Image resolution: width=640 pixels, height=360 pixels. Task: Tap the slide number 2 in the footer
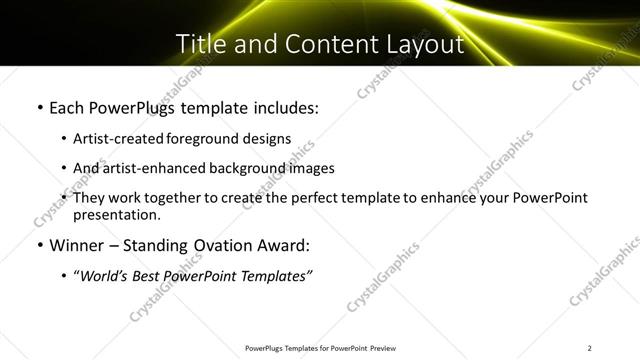pyautogui.click(x=591, y=348)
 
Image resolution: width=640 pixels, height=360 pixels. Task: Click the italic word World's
pyautogui.click(x=105, y=276)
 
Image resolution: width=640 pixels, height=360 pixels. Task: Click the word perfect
pyautogui.click(x=311, y=198)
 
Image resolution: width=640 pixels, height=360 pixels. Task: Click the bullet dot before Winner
pyautogui.click(x=39, y=245)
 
